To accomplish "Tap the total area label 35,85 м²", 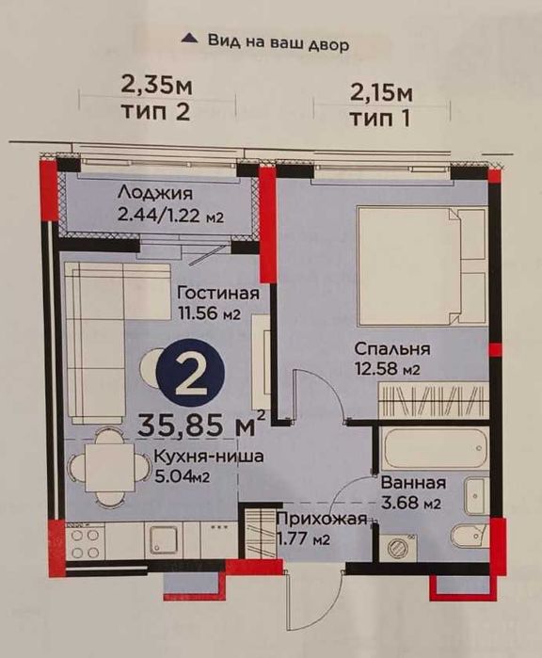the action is coord(201,424).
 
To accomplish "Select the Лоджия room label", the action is coord(155,194).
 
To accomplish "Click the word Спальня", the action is coord(392,348).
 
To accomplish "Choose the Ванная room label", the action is coord(413,483).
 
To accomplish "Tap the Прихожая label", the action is coord(322,520).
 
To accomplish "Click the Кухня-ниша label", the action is coord(209,457).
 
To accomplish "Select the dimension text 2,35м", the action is coord(156,86).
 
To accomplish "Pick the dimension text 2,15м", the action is coord(381,93).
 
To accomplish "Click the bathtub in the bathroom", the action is coord(435,448).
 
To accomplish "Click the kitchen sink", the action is coord(165,540).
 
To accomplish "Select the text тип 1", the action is coord(380,119).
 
